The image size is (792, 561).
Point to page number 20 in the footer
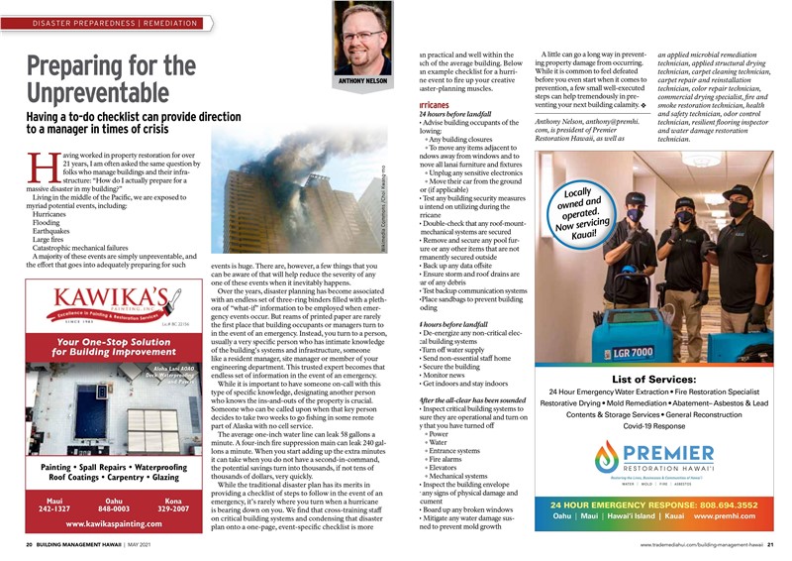point(30,545)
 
